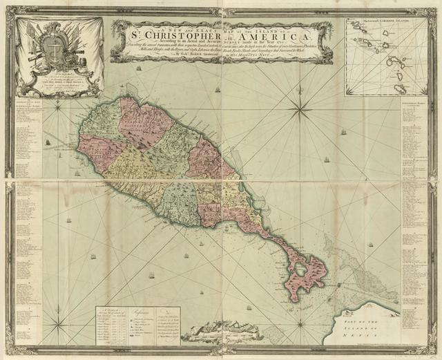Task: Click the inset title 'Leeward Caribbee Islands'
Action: point(383,22)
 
